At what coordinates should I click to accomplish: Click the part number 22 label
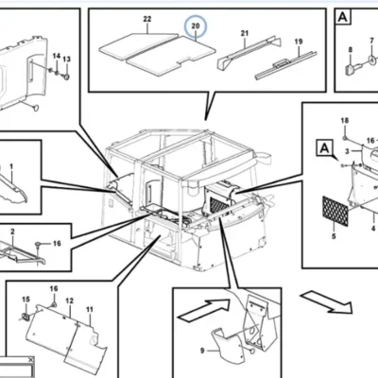click(x=147, y=19)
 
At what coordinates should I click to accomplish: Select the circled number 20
click(x=196, y=26)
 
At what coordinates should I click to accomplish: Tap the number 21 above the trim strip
click(x=245, y=33)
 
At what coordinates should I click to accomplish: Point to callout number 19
click(x=299, y=42)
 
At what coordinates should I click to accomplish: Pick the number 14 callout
click(x=56, y=56)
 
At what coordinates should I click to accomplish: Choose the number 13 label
click(x=66, y=60)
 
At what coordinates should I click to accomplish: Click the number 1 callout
click(x=11, y=166)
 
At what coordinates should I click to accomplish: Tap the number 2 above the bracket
click(x=12, y=232)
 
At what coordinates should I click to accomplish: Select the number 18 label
click(x=345, y=121)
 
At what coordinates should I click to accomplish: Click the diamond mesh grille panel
click(x=335, y=211)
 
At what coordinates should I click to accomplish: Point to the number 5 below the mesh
click(x=334, y=236)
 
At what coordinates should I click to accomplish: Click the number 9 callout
click(x=202, y=351)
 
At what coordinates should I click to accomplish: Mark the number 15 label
click(x=26, y=300)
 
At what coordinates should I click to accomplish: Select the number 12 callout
click(x=70, y=301)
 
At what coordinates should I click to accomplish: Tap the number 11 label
click(x=90, y=310)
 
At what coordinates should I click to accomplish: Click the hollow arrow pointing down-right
click(x=327, y=302)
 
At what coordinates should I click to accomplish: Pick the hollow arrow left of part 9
click(x=204, y=310)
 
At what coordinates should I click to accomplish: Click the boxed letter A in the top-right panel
click(x=343, y=17)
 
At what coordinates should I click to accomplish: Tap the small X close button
click(x=30, y=359)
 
